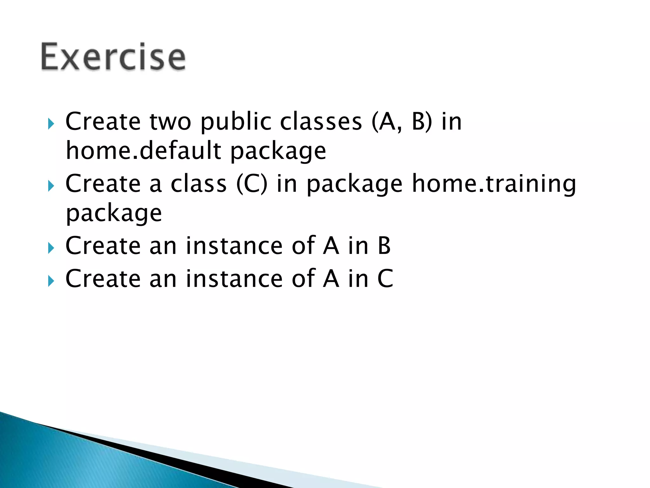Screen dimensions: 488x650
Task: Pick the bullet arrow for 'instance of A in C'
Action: [x=51, y=281]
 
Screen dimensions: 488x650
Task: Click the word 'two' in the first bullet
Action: [x=170, y=122]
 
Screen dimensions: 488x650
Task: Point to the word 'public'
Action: [x=236, y=122]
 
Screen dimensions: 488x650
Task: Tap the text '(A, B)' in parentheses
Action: [x=402, y=122]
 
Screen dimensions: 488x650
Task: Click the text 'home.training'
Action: [x=494, y=184]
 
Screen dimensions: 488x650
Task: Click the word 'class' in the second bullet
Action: [x=199, y=184]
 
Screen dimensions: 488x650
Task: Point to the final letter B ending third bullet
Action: [x=384, y=246]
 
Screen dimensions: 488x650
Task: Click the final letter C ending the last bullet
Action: [x=385, y=279]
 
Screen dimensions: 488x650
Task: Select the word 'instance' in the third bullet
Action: [x=234, y=246]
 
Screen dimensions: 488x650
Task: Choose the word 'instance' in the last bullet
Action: [x=234, y=279]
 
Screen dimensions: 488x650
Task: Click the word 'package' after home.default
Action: [x=278, y=152]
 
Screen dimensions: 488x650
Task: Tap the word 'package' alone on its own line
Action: [x=114, y=214]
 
